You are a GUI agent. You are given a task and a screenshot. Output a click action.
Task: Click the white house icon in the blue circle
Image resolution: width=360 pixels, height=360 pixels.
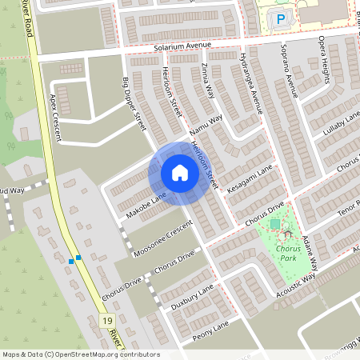(x=179, y=173)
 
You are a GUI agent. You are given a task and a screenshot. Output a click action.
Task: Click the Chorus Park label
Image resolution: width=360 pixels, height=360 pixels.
(x=287, y=255)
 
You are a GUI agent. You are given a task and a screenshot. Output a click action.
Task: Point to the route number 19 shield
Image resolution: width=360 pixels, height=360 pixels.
(x=107, y=320)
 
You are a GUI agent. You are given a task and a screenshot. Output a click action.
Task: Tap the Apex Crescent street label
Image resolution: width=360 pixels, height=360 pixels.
(x=55, y=117)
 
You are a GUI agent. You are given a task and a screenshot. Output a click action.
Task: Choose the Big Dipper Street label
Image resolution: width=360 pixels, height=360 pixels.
(x=132, y=104)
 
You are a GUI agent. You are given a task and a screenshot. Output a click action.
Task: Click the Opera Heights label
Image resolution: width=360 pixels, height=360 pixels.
(x=322, y=72)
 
